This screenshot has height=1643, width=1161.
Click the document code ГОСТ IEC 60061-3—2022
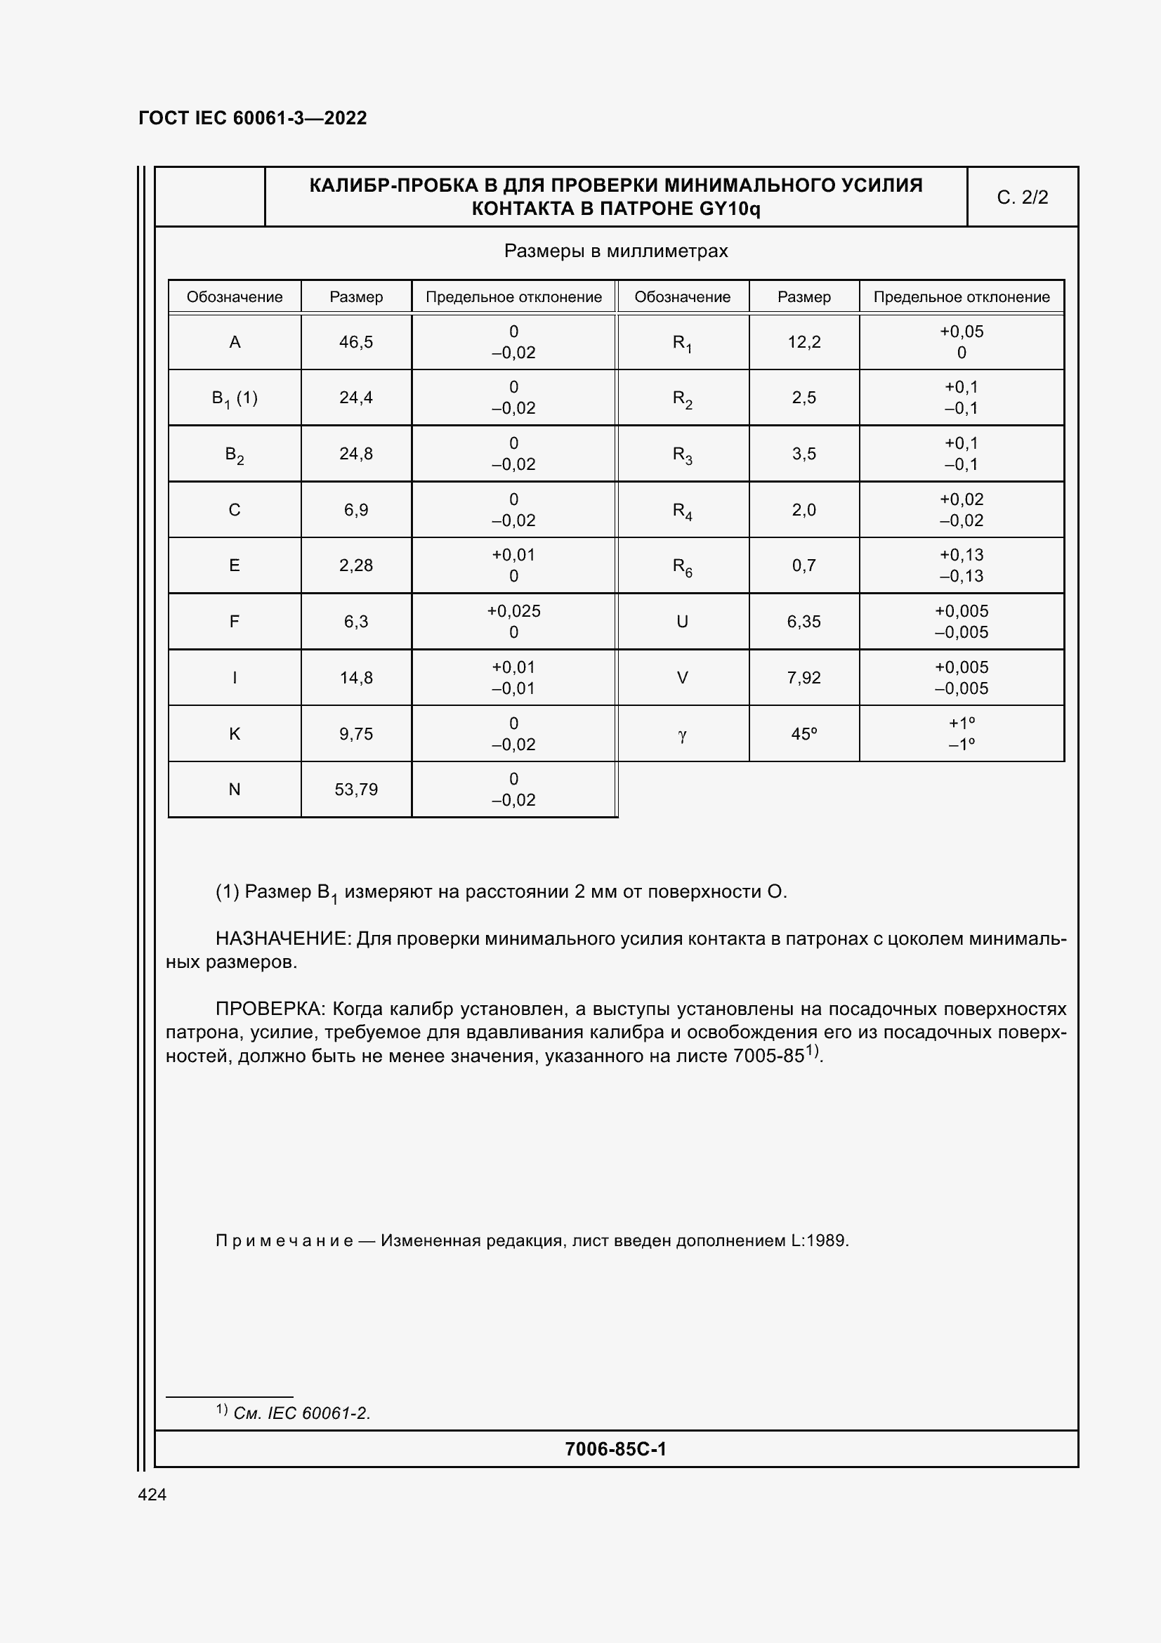click(x=253, y=118)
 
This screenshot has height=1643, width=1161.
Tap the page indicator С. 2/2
click(x=1022, y=197)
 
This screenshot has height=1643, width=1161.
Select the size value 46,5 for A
click(x=355, y=342)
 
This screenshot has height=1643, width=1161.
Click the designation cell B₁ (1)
click(x=235, y=398)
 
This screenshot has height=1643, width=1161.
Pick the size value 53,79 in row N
click(x=355, y=790)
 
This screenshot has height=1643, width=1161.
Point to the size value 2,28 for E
click(x=355, y=565)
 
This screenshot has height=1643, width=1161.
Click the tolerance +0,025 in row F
click(x=513, y=611)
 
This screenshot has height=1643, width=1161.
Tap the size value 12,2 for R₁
click(x=804, y=342)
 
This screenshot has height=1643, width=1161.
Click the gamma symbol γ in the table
click(x=682, y=734)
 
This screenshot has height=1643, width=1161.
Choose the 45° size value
click(x=804, y=734)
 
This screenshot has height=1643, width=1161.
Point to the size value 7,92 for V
click(x=804, y=678)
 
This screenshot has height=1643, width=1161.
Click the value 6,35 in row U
click(x=804, y=622)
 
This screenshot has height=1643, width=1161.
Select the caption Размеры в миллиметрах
click(x=616, y=251)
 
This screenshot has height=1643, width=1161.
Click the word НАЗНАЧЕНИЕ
click(x=282, y=939)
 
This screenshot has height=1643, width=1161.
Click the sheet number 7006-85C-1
click(x=615, y=1449)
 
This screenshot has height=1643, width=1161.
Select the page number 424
click(x=152, y=1494)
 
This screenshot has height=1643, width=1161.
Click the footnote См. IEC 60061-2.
click(x=301, y=1413)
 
